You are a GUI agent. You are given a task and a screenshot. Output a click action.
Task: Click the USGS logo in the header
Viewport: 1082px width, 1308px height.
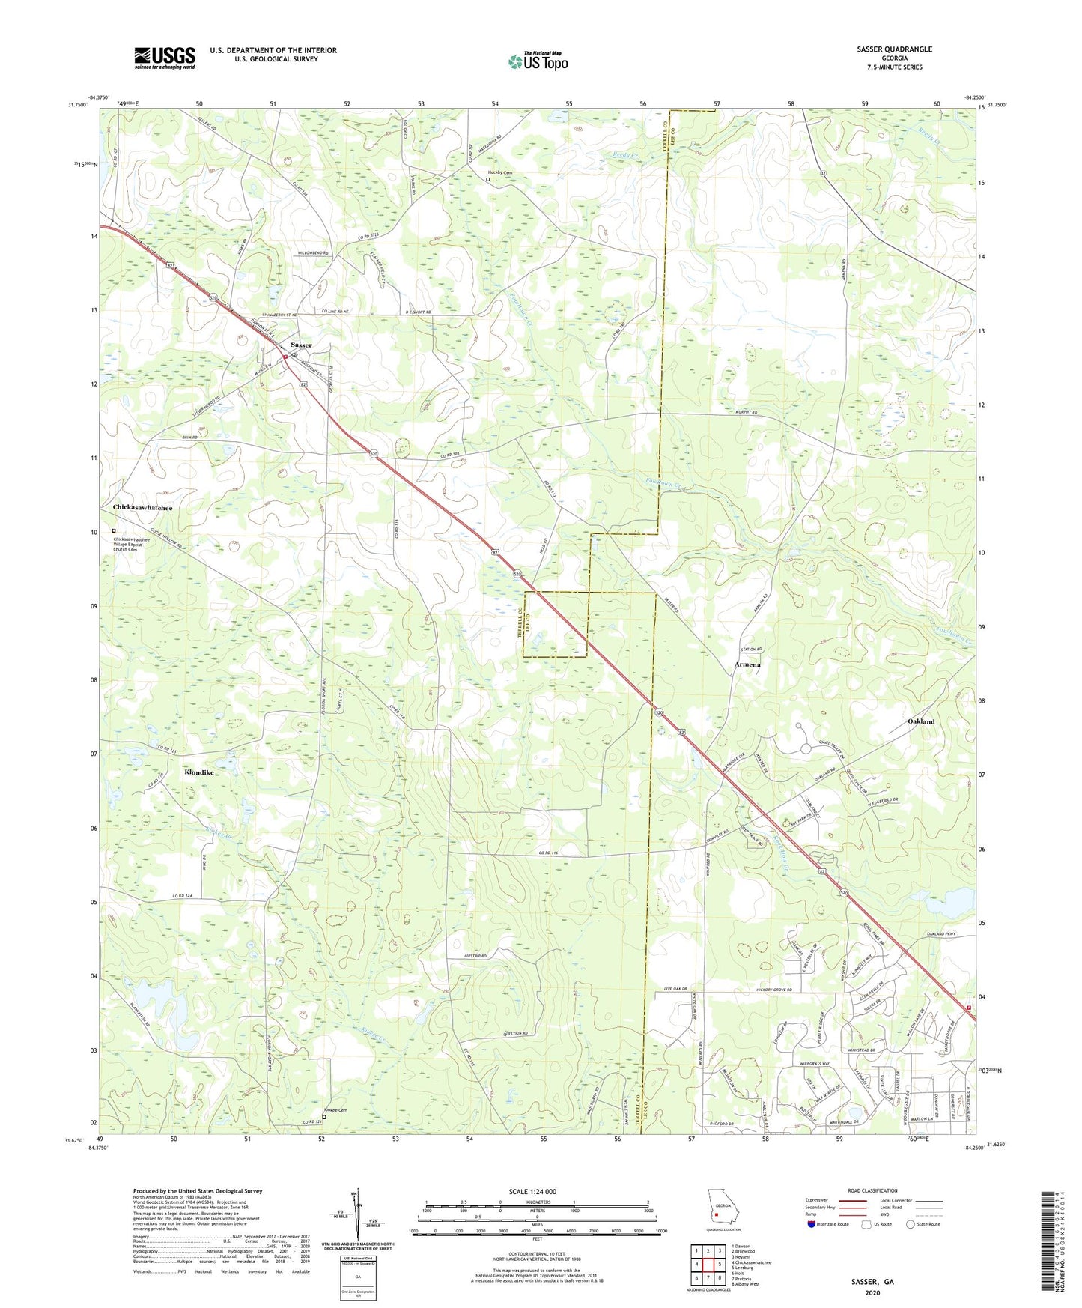click(x=165, y=58)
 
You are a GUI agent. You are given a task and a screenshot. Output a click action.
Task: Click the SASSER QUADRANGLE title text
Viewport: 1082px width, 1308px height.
click(x=895, y=49)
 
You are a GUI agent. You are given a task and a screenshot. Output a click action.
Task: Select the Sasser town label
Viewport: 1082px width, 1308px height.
click(x=301, y=345)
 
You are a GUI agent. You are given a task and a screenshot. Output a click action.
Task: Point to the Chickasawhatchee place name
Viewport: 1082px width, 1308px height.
click(x=142, y=508)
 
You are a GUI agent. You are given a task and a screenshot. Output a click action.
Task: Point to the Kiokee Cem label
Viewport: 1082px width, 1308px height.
click(x=337, y=1110)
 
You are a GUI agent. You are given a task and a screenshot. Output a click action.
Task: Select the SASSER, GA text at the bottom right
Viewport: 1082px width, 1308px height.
click(x=872, y=1282)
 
